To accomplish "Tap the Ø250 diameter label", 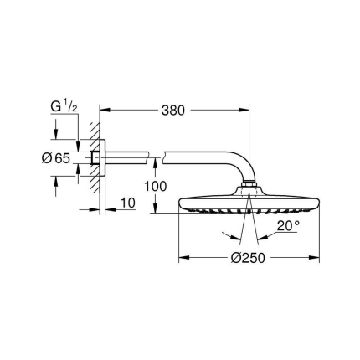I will [248, 258].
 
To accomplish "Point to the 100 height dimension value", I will [167, 185].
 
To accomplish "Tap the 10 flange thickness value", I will [126, 203].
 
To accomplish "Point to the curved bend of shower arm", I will [234, 162].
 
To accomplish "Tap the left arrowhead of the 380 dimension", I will [104, 110].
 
